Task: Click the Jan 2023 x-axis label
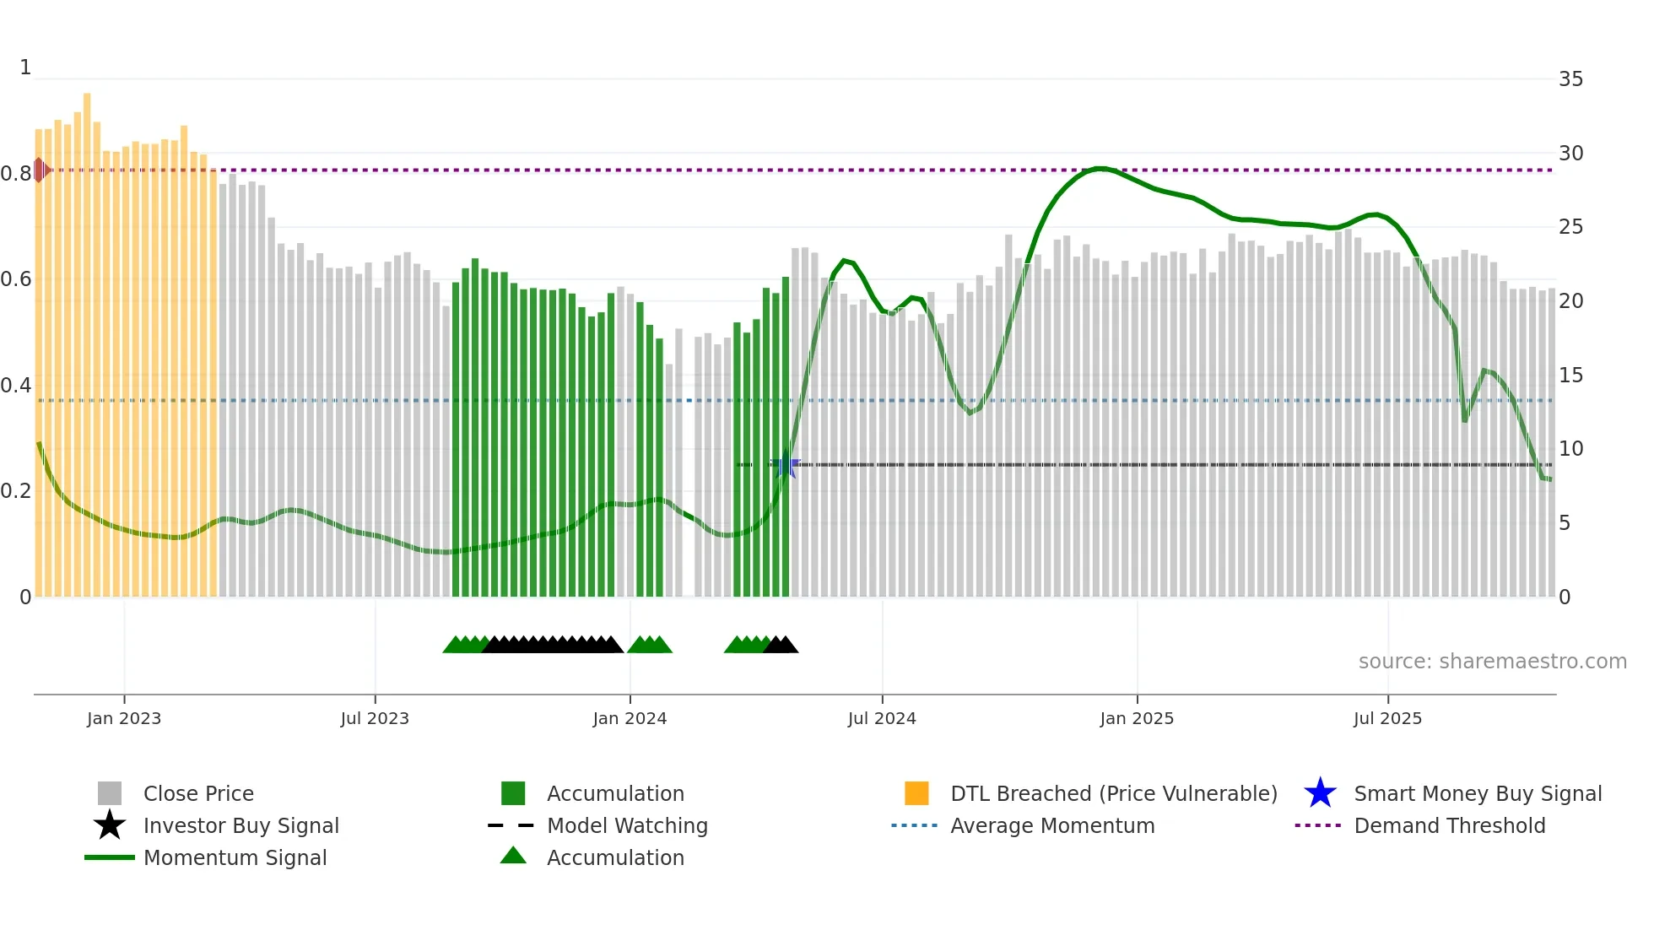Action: click(124, 718)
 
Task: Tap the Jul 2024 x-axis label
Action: click(882, 718)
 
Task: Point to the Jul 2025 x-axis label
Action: click(1387, 718)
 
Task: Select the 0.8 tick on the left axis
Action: click(16, 174)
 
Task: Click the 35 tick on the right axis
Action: click(1570, 79)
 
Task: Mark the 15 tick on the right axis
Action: click(1570, 375)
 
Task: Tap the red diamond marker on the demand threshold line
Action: click(40, 170)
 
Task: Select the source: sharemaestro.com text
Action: click(1492, 661)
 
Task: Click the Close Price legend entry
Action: click(198, 793)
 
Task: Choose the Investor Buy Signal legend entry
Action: click(241, 825)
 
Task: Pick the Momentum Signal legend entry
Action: click(235, 857)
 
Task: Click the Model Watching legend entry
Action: click(627, 825)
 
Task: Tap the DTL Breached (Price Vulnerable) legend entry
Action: click(1113, 793)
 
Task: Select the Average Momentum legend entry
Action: click(1052, 825)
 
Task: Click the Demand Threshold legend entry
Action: click(1449, 825)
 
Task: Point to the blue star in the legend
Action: click(1320, 793)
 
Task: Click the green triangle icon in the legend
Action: click(513, 856)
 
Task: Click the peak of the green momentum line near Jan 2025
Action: click(1098, 168)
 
